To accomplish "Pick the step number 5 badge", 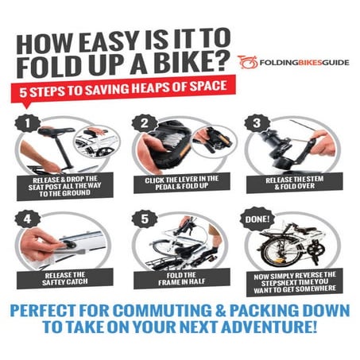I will pyautogui.click(x=144, y=216).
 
